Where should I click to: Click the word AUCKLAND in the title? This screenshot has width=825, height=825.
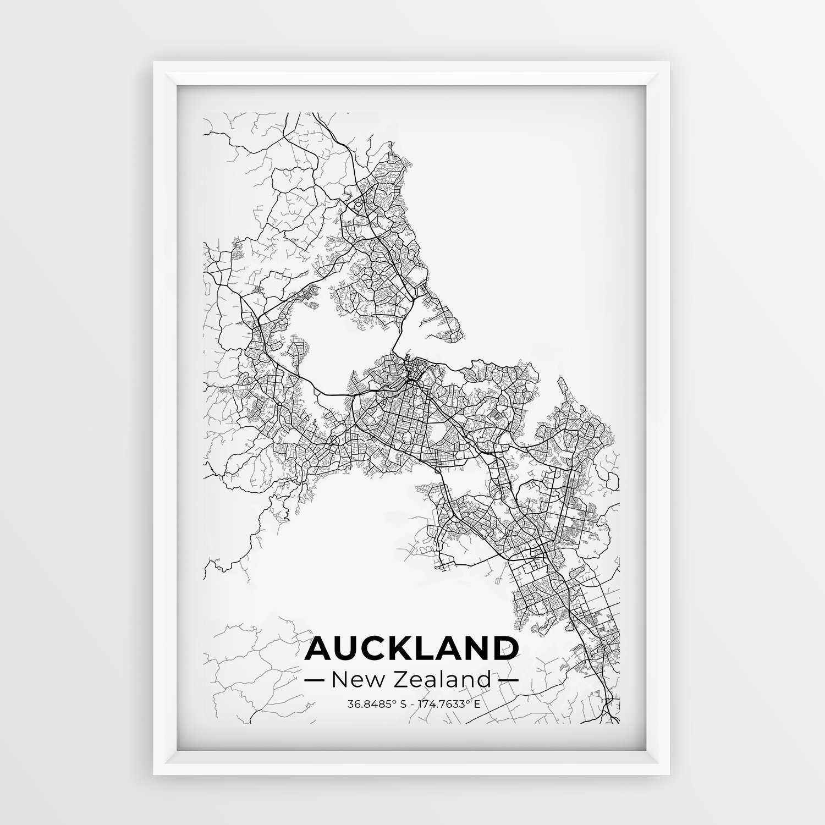click(x=411, y=648)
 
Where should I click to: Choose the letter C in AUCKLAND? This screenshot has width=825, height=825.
click(x=377, y=648)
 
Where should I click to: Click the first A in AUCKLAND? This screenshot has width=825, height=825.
click(x=318, y=648)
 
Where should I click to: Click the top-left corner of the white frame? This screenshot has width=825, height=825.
click(x=155, y=63)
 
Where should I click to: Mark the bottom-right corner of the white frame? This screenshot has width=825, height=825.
click(x=670, y=773)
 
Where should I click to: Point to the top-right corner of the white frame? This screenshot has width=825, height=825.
click(x=670, y=63)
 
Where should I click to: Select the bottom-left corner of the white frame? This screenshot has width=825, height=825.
click(x=155, y=773)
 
